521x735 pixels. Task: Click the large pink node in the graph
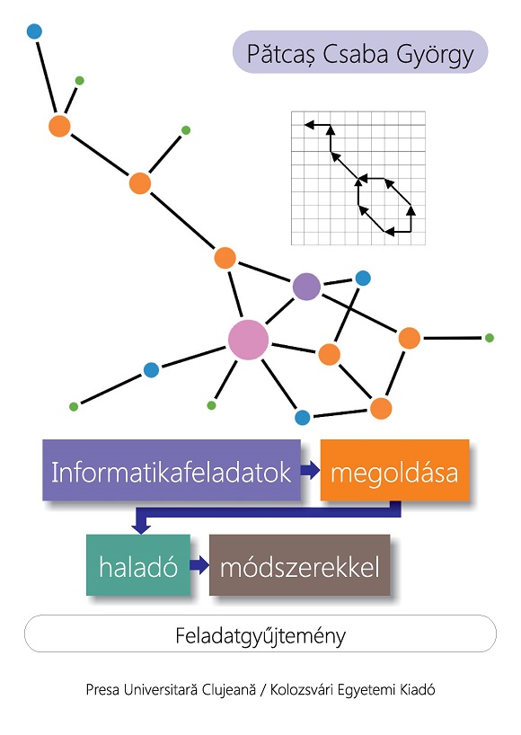248,340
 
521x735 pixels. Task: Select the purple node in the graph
306,287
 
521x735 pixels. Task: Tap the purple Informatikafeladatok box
172,470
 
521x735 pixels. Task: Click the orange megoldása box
394,470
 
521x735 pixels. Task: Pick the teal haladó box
138,565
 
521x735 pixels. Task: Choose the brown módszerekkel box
299,565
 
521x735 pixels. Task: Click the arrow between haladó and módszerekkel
199,565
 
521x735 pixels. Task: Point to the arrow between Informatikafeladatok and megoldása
310,470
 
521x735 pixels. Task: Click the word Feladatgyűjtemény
260,636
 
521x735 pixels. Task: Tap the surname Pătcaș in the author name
282,55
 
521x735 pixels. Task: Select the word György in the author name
436,56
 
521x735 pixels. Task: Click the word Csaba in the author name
356,54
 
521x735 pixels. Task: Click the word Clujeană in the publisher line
229,689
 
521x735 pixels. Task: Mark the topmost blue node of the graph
34,31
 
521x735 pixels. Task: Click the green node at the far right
490,338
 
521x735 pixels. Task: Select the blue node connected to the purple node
363,278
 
